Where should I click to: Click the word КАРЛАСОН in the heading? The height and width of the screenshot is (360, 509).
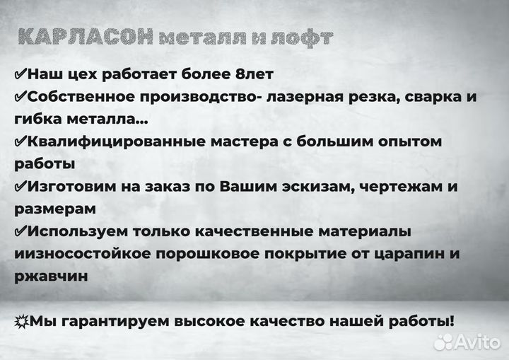(x=86, y=37)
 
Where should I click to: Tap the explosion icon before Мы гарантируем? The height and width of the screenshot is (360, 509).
(x=21, y=321)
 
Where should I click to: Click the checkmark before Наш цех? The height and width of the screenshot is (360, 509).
(x=21, y=74)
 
